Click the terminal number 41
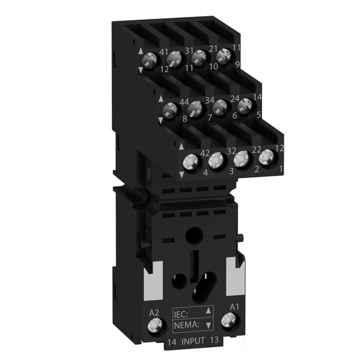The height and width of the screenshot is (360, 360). click(163, 51)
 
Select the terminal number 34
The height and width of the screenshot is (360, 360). click(209, 101)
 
